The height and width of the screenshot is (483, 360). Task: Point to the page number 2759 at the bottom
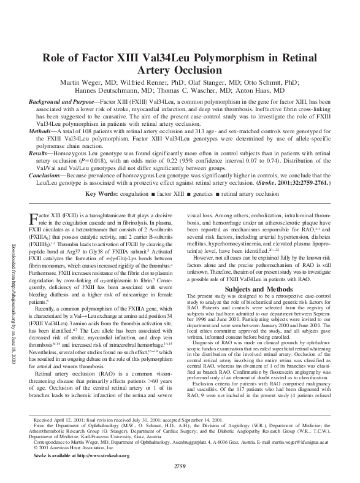180,469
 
